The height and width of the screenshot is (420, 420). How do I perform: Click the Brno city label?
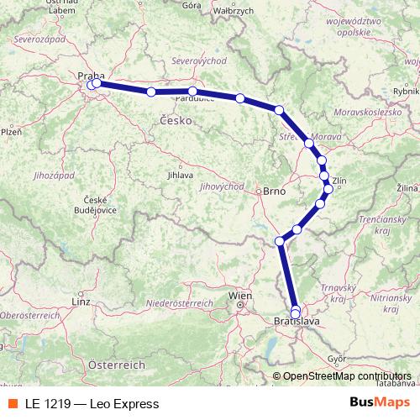[275, 191]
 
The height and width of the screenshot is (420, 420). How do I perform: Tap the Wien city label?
[240, 296]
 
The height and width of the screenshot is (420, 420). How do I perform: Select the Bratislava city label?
[295, 321]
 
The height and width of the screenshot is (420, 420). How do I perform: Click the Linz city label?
[81, 300]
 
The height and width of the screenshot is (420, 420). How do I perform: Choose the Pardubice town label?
[192, 98]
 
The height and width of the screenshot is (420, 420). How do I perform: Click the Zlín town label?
[339, 180]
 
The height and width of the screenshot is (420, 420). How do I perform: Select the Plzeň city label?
[10, 132]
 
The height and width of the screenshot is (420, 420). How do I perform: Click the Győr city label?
[337, 358]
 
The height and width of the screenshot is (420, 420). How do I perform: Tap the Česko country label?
[176, 121]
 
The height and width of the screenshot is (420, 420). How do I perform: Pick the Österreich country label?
[118, 365]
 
